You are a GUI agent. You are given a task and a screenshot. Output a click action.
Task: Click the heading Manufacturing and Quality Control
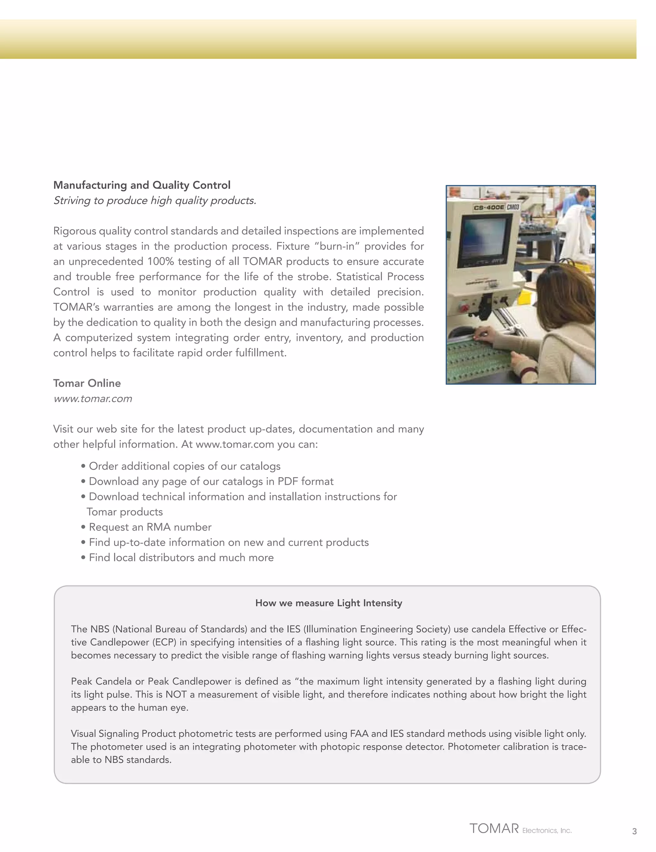point(142,185)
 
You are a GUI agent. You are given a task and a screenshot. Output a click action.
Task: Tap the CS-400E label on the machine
point(489,208)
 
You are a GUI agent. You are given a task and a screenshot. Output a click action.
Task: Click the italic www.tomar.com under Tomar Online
point(93,399)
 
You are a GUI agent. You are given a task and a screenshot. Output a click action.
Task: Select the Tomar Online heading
point(87,383)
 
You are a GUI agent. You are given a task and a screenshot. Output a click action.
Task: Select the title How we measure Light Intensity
point(328,603)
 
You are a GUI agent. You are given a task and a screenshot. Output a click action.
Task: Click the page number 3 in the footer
point(634,831)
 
